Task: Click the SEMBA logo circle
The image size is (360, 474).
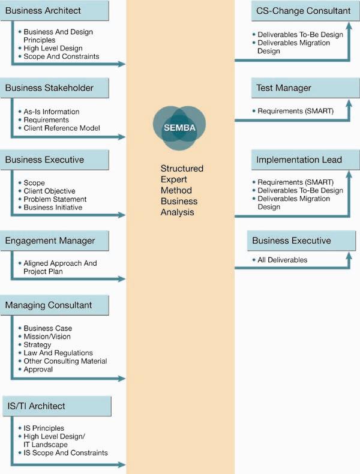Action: [179, 128]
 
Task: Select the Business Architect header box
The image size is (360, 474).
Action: [55, 11]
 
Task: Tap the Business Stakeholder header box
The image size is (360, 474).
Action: [55, 88]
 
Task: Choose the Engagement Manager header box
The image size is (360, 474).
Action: [55, 241]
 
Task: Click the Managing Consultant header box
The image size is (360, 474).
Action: [55, 305]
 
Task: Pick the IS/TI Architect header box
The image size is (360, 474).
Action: [57, 406]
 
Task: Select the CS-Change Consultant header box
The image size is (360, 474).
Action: [305, 11]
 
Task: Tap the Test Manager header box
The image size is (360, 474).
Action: [305, 88]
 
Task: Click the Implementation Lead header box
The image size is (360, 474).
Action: [305, 160]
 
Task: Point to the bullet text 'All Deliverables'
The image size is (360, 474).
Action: [283, 260]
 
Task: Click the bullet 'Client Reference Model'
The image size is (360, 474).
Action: [62, 128]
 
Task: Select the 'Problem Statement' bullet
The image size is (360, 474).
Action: [55, 199]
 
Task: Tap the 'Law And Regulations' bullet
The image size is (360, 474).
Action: [58, 353]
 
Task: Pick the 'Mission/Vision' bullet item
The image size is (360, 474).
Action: [47, 337]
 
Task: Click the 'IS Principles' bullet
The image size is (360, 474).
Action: [44, 428]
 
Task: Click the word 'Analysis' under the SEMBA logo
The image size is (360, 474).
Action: [178, 212]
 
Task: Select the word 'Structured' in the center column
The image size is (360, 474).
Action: [182, 169]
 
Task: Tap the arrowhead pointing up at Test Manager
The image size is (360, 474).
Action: [349, 103]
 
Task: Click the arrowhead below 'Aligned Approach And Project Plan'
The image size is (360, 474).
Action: [122, 279]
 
